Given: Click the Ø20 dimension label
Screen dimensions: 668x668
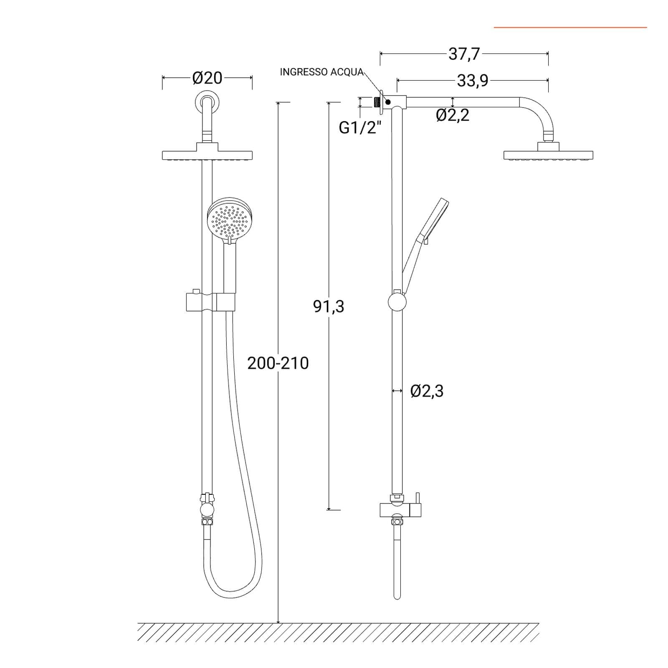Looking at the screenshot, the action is (207, 78).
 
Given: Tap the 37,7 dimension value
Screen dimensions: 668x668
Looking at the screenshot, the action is (464, 54).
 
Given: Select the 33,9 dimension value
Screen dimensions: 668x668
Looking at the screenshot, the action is (473, 81).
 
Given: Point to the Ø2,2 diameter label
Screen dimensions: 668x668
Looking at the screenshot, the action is (453, 115).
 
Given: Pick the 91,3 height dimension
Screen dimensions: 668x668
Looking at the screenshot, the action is (329, 306).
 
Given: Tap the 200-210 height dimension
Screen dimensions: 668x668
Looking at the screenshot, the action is (278, 363).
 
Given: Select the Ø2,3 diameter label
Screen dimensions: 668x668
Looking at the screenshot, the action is (427, 391).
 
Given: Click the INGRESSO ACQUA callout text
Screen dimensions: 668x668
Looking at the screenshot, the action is (321, 72).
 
